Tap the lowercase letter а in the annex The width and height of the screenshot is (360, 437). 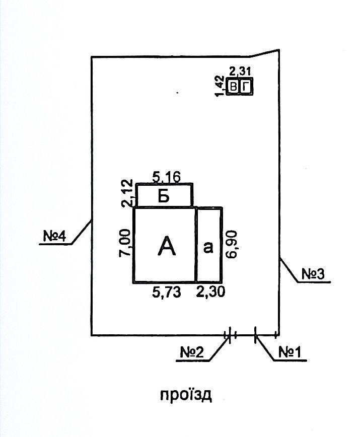click(208, 247)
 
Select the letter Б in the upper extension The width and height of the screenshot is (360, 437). click(163, 196)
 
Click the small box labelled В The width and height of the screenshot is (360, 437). click(233, 87)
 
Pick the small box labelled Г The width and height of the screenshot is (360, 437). click(245, 87)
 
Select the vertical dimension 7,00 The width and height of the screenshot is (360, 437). click(125, 244)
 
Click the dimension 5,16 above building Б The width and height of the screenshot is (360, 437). click(165, 177)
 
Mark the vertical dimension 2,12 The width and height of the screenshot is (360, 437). click(127, 193)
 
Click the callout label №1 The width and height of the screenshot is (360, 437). click(290, 352)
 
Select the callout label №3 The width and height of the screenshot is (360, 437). click(313, 273)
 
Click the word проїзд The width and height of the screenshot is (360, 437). click(186, 394)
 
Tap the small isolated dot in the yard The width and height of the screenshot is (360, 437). click(178, 93)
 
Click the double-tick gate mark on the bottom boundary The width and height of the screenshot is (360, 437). click(229, 334)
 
